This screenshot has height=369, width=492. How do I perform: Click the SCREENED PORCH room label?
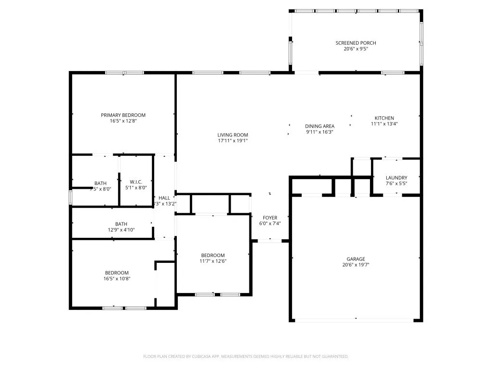[356, 43]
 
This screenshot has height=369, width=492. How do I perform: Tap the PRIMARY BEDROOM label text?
[123, 115]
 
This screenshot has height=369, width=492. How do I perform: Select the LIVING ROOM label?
[233, 135]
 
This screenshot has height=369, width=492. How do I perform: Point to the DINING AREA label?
[320, 126]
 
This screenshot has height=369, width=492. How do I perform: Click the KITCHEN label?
[384, 118]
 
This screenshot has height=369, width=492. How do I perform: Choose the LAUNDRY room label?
[396, 178]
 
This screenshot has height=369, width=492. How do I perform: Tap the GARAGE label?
[356, 259]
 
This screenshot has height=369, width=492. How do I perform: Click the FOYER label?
[270, 218]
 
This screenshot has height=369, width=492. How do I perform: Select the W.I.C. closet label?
[136, 182]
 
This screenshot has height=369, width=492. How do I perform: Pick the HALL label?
[164, 198]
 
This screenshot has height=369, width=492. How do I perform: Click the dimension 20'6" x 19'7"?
[356, 265]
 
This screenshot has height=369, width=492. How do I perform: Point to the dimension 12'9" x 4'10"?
[121, 230]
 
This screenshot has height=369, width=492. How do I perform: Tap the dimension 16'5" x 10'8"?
[117, 279]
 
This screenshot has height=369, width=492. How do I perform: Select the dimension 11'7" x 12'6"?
[212, 261]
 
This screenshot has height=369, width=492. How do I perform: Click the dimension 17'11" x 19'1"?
[233, 141]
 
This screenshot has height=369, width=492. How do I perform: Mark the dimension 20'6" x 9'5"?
[356, 49]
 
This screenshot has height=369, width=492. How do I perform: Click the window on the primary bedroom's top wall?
[124, 73]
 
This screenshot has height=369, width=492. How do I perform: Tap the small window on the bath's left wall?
[71, 197]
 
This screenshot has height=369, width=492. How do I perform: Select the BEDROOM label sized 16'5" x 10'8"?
[117, 273]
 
